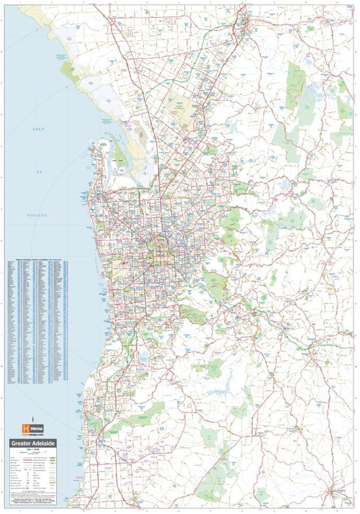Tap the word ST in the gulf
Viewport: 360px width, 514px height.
pos(39,172)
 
